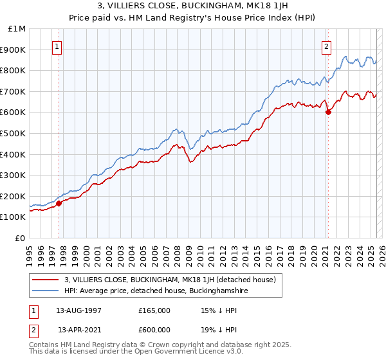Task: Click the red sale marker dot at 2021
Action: [x=328, y=112]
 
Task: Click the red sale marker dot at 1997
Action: [x=59, y=203]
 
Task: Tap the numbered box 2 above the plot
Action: [x=327, y=46]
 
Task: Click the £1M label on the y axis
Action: [x=17, y=28]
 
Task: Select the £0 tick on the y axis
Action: [x=21, y=238]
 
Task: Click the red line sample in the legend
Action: [x=46, y=280]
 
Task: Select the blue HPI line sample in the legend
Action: [x=46, y=291]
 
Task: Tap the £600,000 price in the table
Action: [x=154, y=330]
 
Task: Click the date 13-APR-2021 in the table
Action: [x=79, y=330]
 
